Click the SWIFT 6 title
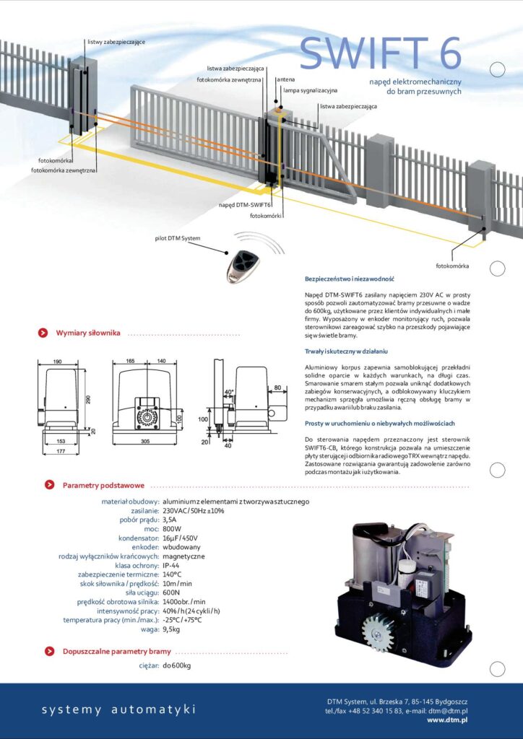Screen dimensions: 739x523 click(x=380, y=53)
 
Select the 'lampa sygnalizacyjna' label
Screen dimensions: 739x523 click(x=310, y=91)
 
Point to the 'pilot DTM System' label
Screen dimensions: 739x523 click(x=178, y=237)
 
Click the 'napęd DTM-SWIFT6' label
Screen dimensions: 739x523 click(x=245, y=205)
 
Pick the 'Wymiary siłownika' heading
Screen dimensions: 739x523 click(x=88, y=333)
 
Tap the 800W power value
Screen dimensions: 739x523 click(x=172, y=528)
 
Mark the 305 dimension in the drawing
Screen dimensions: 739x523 click(x=147, y=440)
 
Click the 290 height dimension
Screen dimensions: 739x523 click(x=87, y=398)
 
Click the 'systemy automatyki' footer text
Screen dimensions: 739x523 click(x=118, y=710)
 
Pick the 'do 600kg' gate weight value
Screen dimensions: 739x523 click(x=177, y=665)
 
